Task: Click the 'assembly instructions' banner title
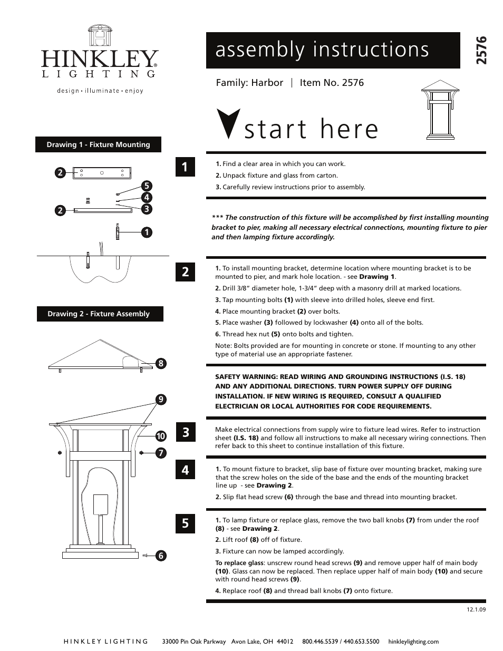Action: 322,50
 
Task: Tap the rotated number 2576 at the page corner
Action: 481,51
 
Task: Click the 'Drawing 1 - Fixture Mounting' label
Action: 98,144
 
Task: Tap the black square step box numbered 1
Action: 185,167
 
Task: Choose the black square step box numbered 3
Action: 185,433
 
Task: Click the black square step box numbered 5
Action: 185,523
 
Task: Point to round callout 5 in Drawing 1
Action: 146,186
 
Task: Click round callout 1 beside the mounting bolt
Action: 146,231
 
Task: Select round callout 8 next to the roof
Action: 161,363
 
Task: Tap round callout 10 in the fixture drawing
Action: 161,436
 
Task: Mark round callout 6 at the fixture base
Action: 161,555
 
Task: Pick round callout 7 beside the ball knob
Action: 161,453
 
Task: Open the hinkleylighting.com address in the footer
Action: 413,642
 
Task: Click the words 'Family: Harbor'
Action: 249,83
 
